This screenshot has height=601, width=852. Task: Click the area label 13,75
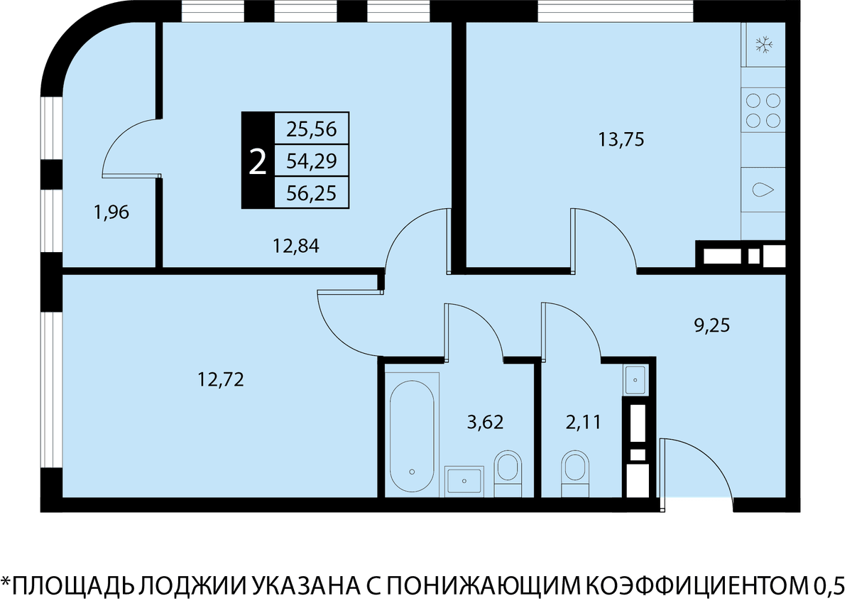coord(621,140)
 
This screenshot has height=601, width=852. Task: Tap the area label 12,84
coord(296,247)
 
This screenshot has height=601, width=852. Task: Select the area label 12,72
coord(221,379)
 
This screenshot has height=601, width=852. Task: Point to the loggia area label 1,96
coord(111,212)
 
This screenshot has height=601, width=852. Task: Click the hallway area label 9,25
coord(712,325)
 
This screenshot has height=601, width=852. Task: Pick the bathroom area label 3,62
coord(486,422)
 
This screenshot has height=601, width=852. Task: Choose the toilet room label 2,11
coord(583,422)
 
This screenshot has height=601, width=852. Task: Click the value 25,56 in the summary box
coord(312,129)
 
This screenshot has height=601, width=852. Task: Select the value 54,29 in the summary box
coord(312,161)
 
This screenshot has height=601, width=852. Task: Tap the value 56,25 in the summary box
coord(312,193)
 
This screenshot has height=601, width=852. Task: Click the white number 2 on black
coord(258,162)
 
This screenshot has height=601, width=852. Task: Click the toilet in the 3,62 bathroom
coord(508,474)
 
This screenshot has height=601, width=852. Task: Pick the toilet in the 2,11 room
coord(575,474)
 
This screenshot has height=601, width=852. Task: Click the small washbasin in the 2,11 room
coord(635,380)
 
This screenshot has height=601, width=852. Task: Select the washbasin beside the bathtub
coord(464,482)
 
